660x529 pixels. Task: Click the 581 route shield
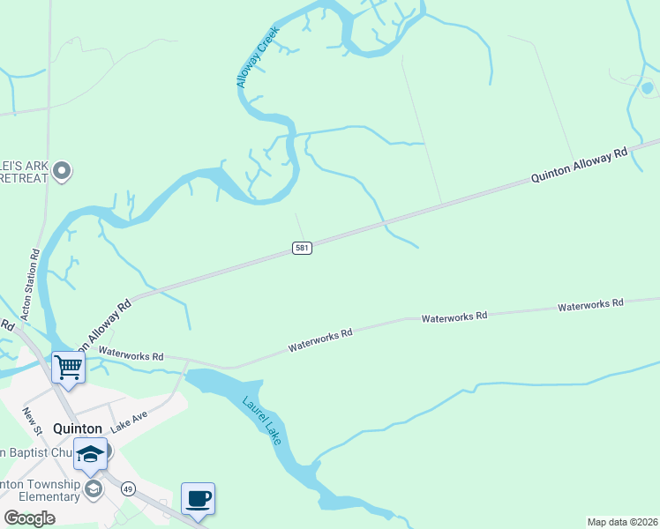302,249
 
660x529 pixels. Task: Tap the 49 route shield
129,488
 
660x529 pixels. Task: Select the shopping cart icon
68,367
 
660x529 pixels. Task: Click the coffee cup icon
198,499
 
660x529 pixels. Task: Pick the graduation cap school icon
89,453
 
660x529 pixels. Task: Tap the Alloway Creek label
257,56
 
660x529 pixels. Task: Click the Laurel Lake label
262,420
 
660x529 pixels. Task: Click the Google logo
29,518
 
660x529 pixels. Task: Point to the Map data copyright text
622,522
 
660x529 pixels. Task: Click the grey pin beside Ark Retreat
61,170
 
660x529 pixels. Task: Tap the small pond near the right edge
647,87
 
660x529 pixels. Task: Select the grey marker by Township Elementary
94,488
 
